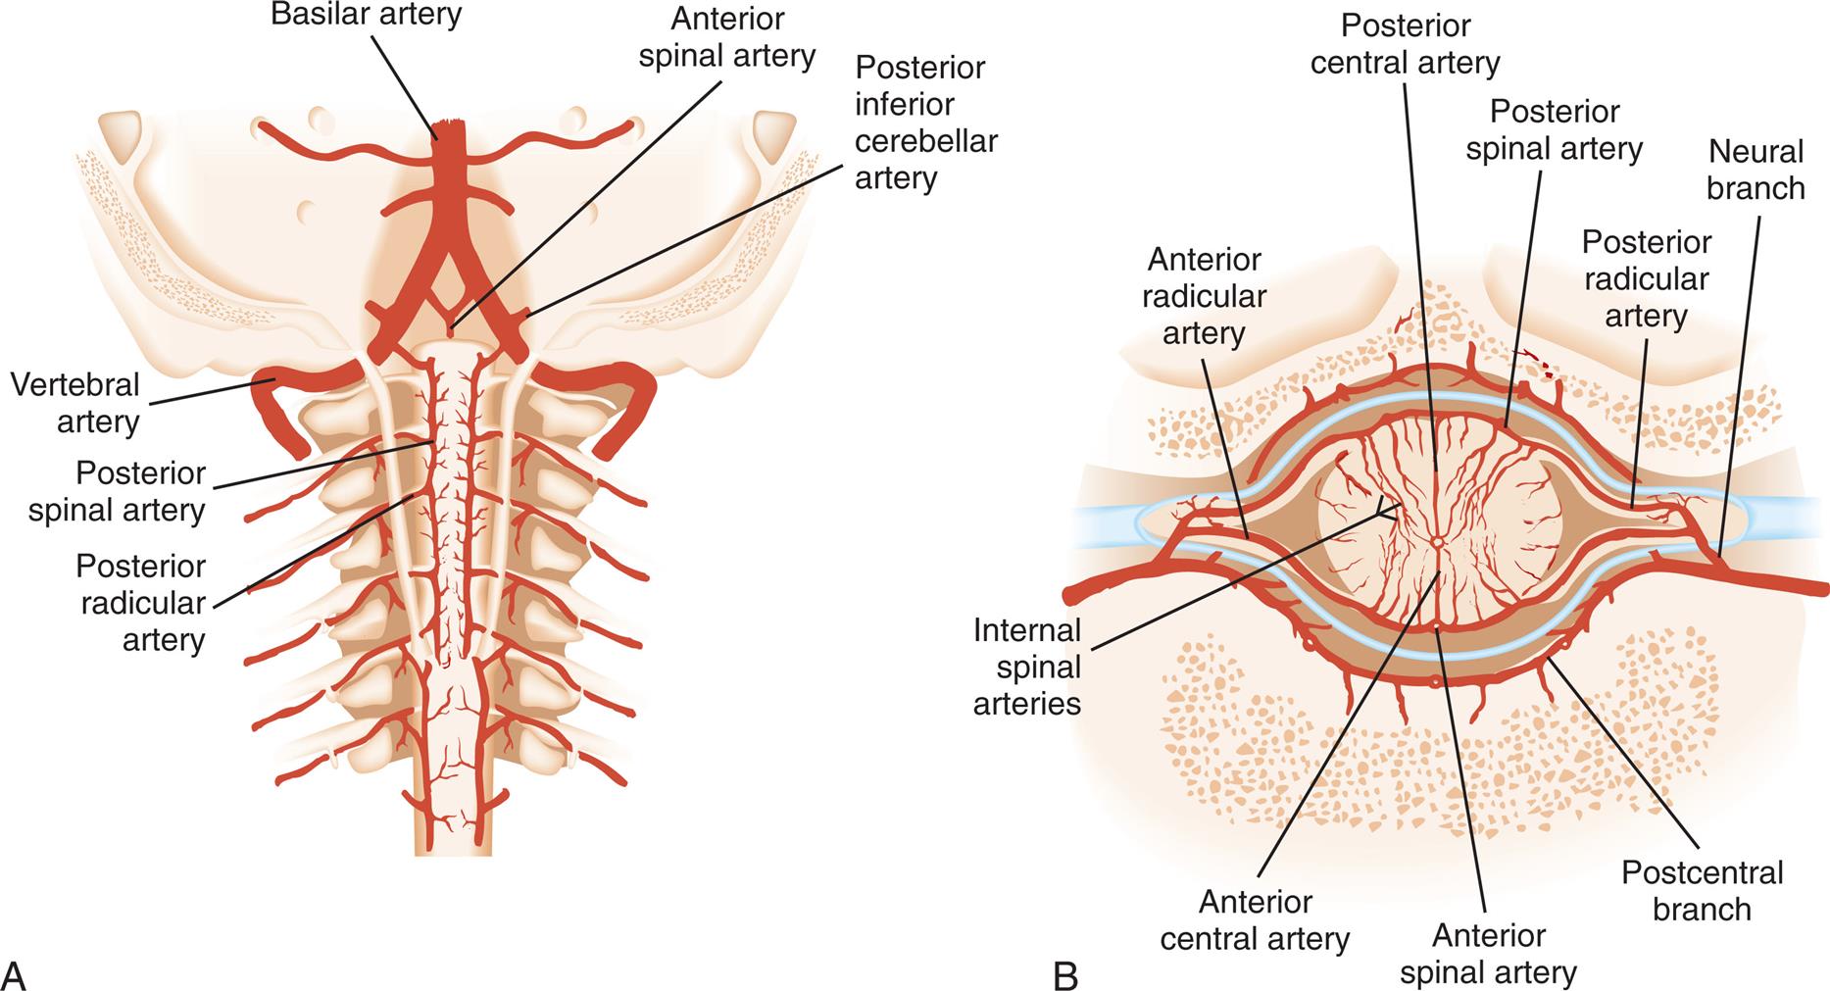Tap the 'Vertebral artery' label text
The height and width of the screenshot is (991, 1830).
75,403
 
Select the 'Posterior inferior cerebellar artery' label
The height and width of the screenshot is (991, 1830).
925,123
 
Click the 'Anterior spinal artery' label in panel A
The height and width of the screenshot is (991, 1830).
726,37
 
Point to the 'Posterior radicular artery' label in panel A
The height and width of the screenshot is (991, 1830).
141,603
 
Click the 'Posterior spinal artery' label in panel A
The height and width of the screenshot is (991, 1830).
117,492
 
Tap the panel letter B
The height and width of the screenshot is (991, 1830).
1065,975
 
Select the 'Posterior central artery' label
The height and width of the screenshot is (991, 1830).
1405,44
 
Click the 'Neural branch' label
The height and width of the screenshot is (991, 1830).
1756,170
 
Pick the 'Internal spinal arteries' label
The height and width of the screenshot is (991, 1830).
1027,667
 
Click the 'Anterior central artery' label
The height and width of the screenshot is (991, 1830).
1255,920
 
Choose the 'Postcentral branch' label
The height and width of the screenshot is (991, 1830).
1702,890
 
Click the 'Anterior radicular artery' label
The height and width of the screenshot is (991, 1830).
1204,296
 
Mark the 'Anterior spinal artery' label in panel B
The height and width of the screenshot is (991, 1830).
1488,954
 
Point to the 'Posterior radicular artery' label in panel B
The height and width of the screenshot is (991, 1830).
1646,279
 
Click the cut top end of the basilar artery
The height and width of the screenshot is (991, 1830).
452,127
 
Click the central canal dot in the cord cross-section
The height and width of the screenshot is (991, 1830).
1437,540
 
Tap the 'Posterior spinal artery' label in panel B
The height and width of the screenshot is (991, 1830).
1554,129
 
